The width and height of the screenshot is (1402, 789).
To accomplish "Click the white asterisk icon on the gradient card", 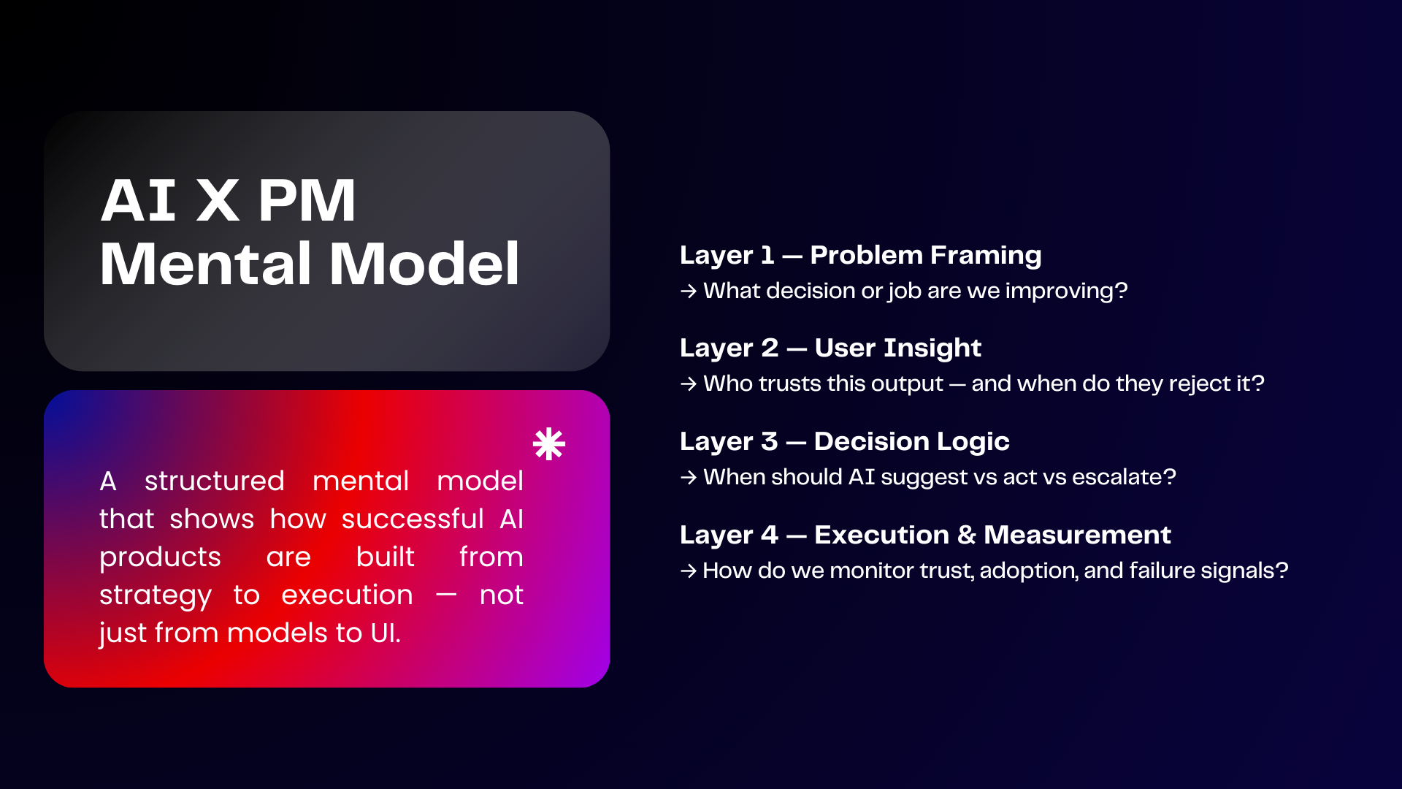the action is pos(549,444).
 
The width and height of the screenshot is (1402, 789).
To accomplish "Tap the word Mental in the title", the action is pos(207,264).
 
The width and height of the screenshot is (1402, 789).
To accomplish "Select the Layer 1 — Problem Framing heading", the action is pos(860,255).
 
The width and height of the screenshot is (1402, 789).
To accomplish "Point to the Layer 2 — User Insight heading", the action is pos(830,348).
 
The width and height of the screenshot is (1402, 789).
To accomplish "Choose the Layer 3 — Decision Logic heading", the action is pos(844,441).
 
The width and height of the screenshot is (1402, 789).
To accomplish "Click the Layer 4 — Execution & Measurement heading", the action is pos(925,535).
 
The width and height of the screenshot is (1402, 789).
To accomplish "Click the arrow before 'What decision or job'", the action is pos(689,291).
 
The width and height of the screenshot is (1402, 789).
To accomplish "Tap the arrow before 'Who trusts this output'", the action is pos(689,384).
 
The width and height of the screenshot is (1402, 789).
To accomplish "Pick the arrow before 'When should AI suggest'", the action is pos(689,478).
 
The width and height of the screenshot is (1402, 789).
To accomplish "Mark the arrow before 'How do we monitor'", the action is pos(689,571).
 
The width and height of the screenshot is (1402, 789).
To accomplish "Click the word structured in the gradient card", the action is pos(214,481).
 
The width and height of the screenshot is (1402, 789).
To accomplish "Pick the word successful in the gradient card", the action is pos(413,519).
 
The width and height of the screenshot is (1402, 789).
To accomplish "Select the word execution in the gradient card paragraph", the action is pos(347,595).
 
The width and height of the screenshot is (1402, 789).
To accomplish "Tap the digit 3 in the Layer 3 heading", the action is pos(770,441).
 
